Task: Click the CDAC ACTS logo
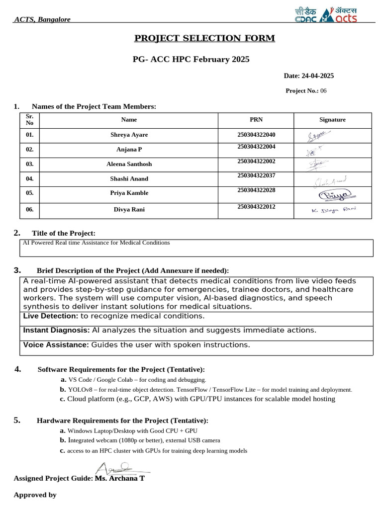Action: pyautogui.click(x=326, y=15)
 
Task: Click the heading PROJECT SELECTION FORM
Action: pyautogui.click(x=204, y=38)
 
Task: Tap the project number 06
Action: pyautogui.click(x=323, y=91)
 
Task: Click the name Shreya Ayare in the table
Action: pyautogui.click(x=129, y=135)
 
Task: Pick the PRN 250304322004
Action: pyautogui.click(x=256, y=147)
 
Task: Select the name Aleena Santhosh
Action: pyautogui.click(x=129, y=164)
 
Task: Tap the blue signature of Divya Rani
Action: pyautogui.click(x=334, y=210)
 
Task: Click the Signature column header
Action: pyautogui.click(x=332, y=120)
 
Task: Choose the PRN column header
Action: pyautogui.click(x=256, y=120)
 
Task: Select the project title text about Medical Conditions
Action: pyautogui.click(x=96, y=243)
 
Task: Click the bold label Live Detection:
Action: pyautogui.click(x=51, y=316)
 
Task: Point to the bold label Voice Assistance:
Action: pyautogui.click(x=56, y=345)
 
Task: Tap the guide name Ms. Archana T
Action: pyautogui.click(x=119, y=478)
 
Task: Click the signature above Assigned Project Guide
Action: pyautogui.click(x=117, y=468)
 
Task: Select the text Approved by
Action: pyautogui.click(x=35, y=495)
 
